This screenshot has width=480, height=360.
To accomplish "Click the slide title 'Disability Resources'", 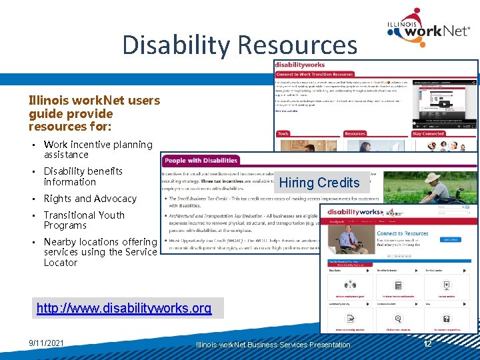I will point(239,45).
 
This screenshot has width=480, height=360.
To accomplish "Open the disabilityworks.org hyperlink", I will point(123,308).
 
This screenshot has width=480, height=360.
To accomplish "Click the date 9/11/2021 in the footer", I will point(47,343).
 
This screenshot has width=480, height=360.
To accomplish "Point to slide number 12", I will point(428,343).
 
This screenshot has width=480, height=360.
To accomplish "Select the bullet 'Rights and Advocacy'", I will point(90,199).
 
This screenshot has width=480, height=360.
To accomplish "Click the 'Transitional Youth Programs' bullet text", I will point(84,220).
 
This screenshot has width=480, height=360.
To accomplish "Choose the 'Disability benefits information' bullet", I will point(83,177).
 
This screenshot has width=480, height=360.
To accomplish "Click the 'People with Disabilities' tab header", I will point(201,161).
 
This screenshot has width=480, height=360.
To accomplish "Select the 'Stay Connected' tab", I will point(428,133).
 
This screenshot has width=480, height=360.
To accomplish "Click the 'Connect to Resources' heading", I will point(403,234).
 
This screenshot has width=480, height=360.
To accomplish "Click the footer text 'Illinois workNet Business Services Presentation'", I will point(273,345).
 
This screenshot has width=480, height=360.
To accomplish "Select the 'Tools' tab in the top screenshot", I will point(283,133).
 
